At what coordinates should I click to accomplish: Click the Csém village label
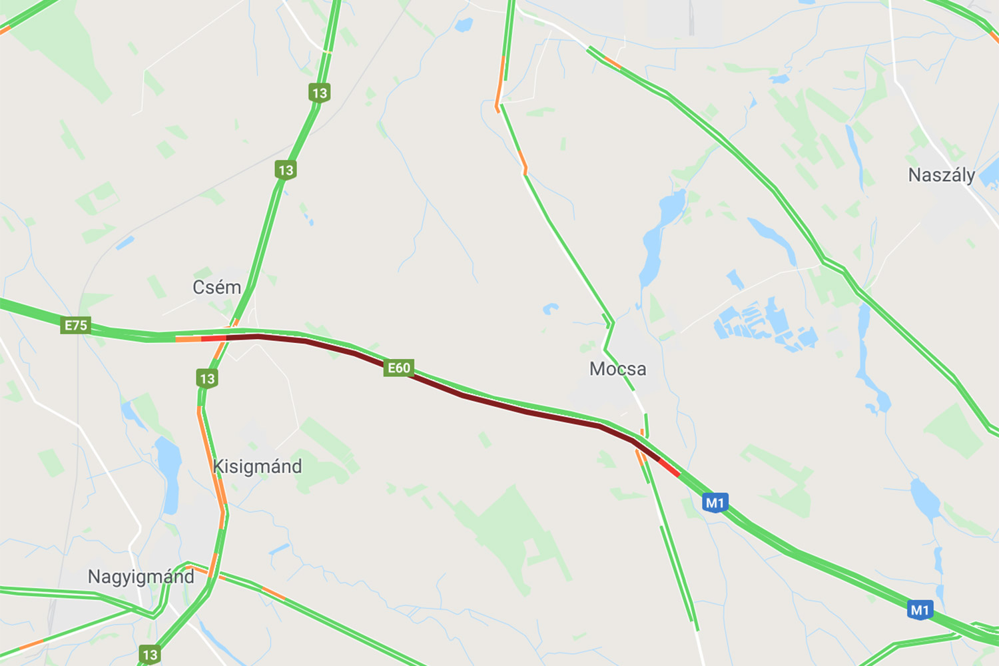click(216, 288)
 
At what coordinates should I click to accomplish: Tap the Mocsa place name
click(617, 369)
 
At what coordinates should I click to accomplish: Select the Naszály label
click(941, 175)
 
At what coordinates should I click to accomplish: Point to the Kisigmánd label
click(257, 466)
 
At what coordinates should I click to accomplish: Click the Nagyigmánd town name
click(141, 577)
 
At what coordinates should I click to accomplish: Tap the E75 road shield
click(75, 325)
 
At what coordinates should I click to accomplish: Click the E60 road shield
click(399, 368)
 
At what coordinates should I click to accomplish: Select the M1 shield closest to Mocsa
click(715, 502)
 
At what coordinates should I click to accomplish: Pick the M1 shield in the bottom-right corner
click(920, 609)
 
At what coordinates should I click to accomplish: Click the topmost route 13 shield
click(320, 93)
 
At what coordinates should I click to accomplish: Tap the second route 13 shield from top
click(286, 170)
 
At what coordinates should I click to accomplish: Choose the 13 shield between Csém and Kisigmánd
click(207, 378)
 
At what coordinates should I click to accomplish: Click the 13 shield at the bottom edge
click(150, 654)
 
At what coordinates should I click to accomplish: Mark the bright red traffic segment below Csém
click(213, 338)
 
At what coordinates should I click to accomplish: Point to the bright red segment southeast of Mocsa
click(669, 468)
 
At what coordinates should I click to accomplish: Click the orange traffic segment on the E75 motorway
click(188, 339)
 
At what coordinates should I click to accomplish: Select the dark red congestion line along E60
click(466, 396)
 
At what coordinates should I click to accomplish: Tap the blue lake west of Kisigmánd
click(170, 473)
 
